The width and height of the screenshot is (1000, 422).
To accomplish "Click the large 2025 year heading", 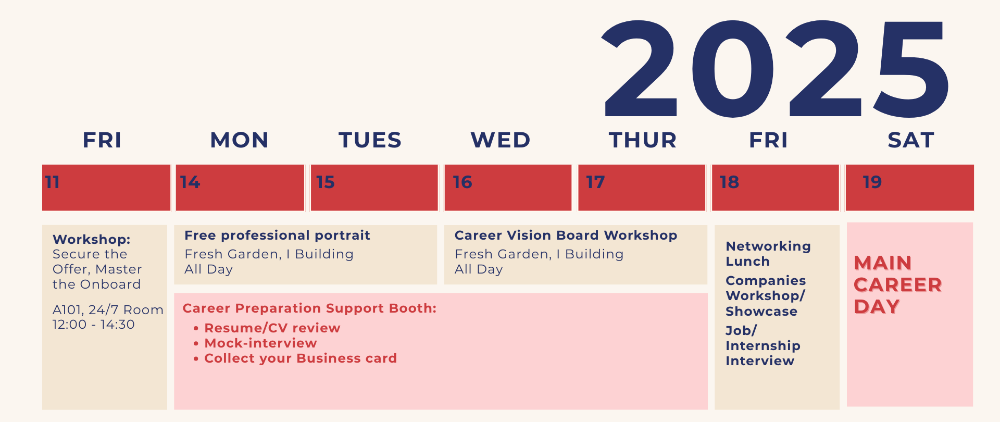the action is (x=775, y=68).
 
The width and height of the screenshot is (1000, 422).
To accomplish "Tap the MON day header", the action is (x=240, y=140).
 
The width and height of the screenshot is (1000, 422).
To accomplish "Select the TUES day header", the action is (x=370, y=140).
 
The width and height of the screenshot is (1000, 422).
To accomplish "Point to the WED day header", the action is (x=501, y=140).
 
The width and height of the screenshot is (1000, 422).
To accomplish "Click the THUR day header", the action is (x=643, y=140).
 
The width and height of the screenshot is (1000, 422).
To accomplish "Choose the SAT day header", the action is (x=911, y=140).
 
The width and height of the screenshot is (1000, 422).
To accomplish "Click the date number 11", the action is (x=52, y=182).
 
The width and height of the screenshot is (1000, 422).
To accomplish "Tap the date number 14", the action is (x=190, y=182).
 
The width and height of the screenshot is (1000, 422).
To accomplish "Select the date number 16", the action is (x=463, y=182).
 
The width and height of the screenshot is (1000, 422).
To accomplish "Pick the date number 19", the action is (x=872, y=182).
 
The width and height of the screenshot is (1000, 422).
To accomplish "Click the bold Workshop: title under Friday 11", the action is (x=92, y=240).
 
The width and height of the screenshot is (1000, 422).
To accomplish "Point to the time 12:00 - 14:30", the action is (x=94, y=325).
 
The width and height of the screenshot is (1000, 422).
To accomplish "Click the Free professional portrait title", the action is (x=277, y=235).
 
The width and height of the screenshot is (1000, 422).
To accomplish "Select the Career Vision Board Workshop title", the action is (x=566, y=235).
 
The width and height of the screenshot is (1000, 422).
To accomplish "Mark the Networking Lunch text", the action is (x=768, y=254).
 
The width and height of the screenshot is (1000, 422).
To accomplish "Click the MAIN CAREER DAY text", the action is (x=898, y=284).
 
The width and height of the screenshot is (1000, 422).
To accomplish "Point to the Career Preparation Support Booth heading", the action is (x=309, y=308).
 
